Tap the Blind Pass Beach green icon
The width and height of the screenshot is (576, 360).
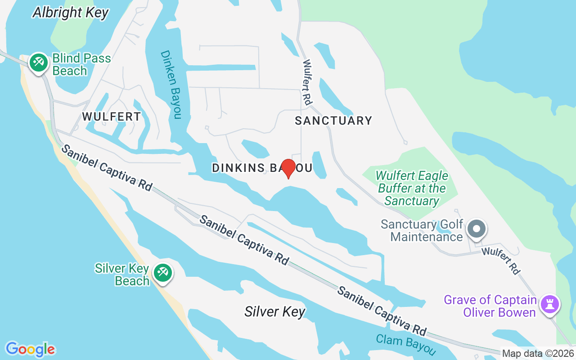(x=39, y=63)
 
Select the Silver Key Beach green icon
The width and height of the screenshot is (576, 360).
(x=162, y=273)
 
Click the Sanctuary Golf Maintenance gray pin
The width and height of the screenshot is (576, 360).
(x=477, y=229)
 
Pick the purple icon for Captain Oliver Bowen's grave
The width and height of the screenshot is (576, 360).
(x=549, y=305)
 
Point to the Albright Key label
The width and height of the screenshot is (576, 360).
(x=71, y=13)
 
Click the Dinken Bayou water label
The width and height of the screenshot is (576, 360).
(x=171, y=85)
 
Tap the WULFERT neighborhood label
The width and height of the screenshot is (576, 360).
(x=112, y=117)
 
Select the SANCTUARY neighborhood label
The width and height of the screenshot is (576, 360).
(x=333, y=121)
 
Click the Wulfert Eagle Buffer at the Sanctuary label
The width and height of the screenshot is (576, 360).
(x=412, y=188)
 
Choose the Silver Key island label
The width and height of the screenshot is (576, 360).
(x=275, y=311)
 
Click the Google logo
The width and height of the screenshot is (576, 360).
(x=30, y=349)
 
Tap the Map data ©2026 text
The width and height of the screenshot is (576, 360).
(x=538, y=354)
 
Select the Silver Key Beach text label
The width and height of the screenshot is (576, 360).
(x=122, y=274)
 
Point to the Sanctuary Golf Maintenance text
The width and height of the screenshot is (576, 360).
(x=422, y=230)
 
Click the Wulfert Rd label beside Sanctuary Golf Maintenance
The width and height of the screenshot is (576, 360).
(x=500, y=261)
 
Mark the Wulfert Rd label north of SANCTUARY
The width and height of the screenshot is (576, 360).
(x=307, y=82)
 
